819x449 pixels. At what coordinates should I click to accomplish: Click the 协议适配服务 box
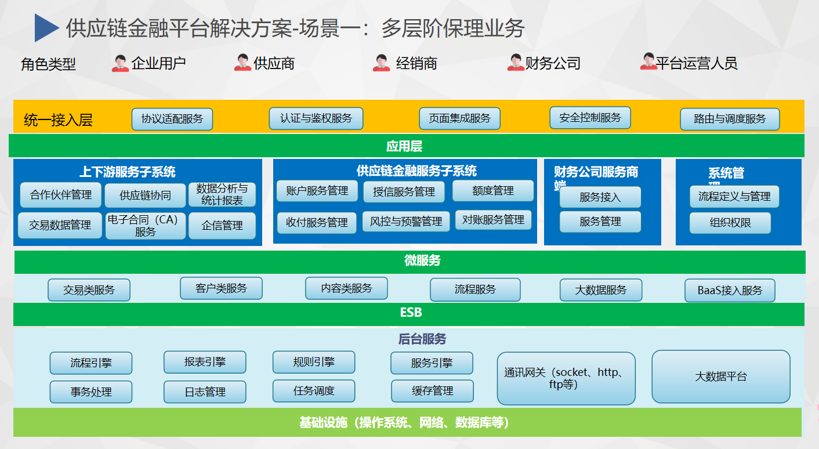tap(172, 119)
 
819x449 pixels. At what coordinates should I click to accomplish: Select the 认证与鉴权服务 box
tap(316, 118)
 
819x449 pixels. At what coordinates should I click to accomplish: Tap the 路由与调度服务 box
tap(730, 119)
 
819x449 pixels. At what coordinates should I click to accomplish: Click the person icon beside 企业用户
tap(121, 63)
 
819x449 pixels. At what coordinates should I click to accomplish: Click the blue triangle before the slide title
tap(46, 28)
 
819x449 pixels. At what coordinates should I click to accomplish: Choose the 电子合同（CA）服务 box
tap(146, 226)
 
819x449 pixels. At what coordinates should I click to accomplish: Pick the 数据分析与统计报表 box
tap(222, 195)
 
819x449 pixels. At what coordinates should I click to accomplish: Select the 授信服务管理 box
tap(404, 192)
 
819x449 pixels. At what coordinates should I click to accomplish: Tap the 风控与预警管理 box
tap(406, 222)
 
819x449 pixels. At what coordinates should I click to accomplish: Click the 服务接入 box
tap(600, 197)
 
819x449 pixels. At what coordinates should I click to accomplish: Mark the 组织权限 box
tap(730, 223)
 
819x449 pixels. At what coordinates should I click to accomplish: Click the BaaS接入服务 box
tap(730, 291)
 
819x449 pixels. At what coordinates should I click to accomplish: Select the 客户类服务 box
tap(221, 288)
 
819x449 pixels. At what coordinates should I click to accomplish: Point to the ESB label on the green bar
tap(411, 313)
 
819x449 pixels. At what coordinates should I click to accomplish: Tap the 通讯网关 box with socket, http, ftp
tap(566, 378)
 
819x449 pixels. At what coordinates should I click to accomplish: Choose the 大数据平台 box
tap(721, 376)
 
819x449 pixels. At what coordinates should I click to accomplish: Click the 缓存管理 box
tap(432, 391)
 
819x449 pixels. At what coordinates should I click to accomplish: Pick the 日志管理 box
tap(205, 392)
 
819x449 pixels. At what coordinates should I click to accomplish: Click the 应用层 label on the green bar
tap(404, 146)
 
